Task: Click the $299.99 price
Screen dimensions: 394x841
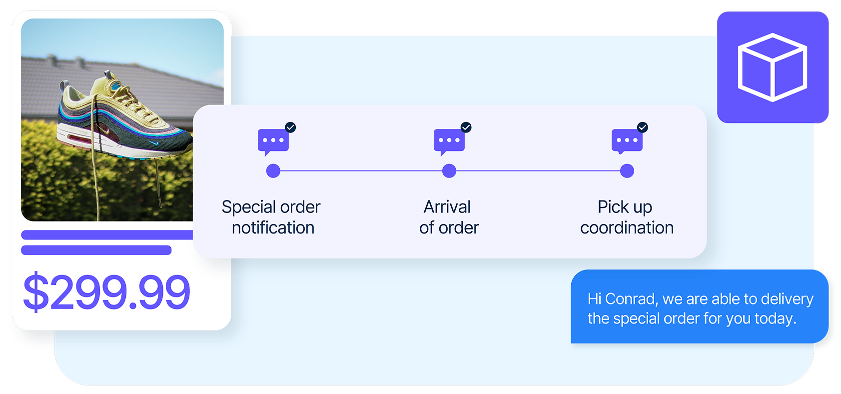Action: pos(106,291)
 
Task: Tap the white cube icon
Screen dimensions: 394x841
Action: pos(773,67)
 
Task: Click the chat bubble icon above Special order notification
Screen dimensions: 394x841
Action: pos(273,140)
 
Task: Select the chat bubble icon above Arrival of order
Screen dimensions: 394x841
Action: pos(449,140)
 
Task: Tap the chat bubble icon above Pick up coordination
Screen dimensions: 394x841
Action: pos(627,140)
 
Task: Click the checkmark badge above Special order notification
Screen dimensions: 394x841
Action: pos(290,127)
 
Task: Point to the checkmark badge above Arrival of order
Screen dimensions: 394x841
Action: pos(466,127)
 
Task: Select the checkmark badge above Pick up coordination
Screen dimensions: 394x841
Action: pos(643,127)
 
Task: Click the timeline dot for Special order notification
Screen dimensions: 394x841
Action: pos(273,171)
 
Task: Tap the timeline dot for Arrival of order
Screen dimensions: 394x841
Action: pos(449,171)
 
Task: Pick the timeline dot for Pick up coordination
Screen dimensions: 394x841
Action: pos(627,171)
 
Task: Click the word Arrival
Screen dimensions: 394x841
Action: pos(447,207)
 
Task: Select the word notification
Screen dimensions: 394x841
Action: pos(273,228)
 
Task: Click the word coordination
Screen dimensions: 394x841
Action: pos(627,228)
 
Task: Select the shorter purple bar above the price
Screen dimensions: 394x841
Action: pos(96,250)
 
